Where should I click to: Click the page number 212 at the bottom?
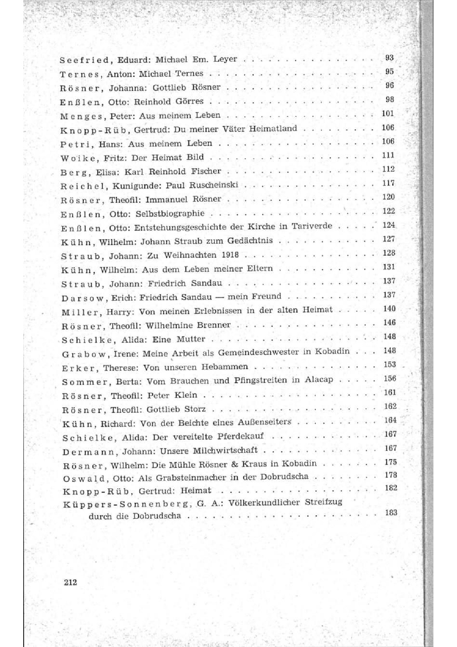click(x=70, y=582)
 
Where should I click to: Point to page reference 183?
click(x=391, y=512)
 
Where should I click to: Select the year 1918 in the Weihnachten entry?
click(x=230, y=255)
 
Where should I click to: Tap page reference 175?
click(x=390, y=462)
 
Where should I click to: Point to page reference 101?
click(x=388, y=113)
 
